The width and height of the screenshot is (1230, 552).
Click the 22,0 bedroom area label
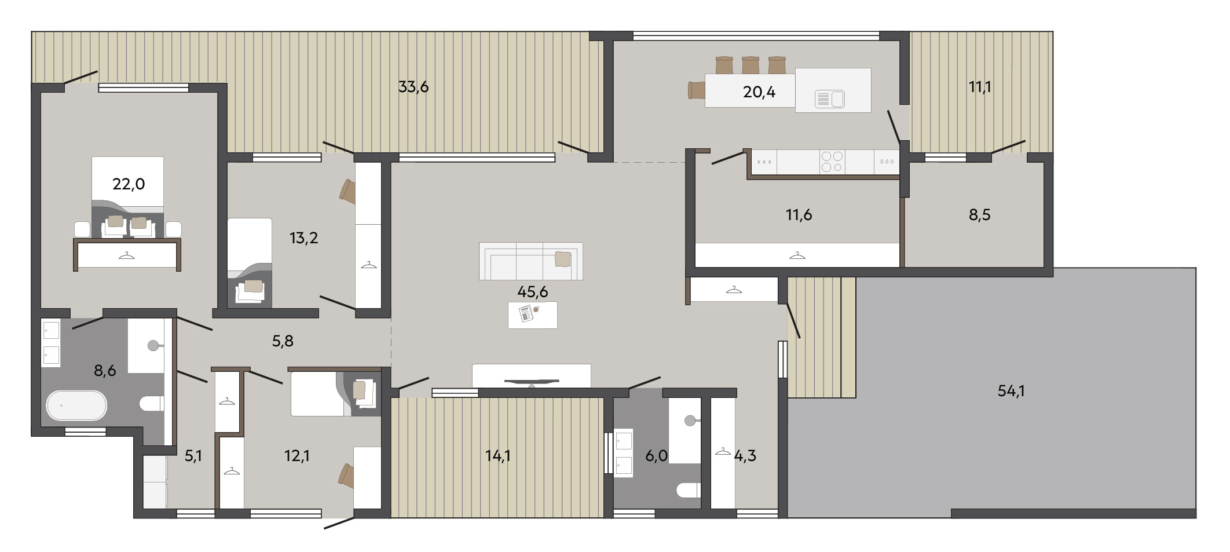pos(129,184)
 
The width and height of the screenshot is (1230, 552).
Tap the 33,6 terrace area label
pos(413,87)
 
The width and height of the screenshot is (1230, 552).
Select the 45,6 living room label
pos(532,291)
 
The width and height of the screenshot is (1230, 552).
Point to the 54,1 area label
pos(1011,391)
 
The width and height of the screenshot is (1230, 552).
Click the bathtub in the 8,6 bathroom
pos(76,405)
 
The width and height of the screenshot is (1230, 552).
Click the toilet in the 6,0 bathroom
pos(689,491)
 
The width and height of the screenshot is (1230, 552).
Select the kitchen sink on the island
pos(830,99)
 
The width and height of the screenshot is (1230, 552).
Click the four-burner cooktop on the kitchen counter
pos(832,162)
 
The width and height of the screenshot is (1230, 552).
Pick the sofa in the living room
pos(531,261)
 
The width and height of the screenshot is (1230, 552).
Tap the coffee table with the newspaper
pos(533,315)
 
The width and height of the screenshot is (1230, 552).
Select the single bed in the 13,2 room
pos(250,262)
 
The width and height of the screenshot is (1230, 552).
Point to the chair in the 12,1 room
pos(346,476)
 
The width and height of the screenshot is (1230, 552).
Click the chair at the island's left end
pos(696,91)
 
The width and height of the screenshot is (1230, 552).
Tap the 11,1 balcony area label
pos(980,87)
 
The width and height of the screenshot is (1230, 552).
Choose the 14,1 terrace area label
pos(498,456)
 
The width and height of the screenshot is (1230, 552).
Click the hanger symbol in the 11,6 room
pos(797,255)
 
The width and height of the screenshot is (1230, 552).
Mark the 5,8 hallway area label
pos(283,341)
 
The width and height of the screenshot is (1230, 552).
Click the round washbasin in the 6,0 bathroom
pos(690,421)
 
